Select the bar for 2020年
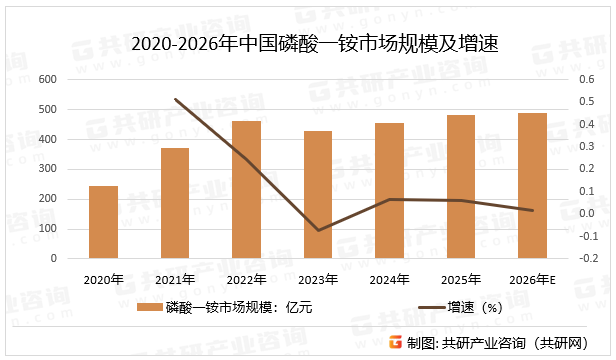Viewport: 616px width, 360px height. (103, 222)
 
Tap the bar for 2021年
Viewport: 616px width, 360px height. (175, 203)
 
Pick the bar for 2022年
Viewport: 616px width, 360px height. (246, 190)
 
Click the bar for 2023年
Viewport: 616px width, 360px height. (318, 195)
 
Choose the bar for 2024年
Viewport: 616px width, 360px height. (389, 191)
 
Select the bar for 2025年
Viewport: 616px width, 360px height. (461, 187)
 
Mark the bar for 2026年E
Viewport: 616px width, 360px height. (533, 186)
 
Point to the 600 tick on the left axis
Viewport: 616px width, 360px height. (47, 79)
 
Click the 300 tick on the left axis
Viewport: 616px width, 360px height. (47, 169)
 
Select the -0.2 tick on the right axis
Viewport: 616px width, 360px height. (584, 258)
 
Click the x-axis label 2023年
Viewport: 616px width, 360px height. (318, 279)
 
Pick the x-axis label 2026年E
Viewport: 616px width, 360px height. (533, 279)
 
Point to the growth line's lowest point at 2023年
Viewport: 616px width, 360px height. (318, 231)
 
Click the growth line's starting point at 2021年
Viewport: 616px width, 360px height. (175, 99)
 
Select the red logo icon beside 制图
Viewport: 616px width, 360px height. (396, 342)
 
